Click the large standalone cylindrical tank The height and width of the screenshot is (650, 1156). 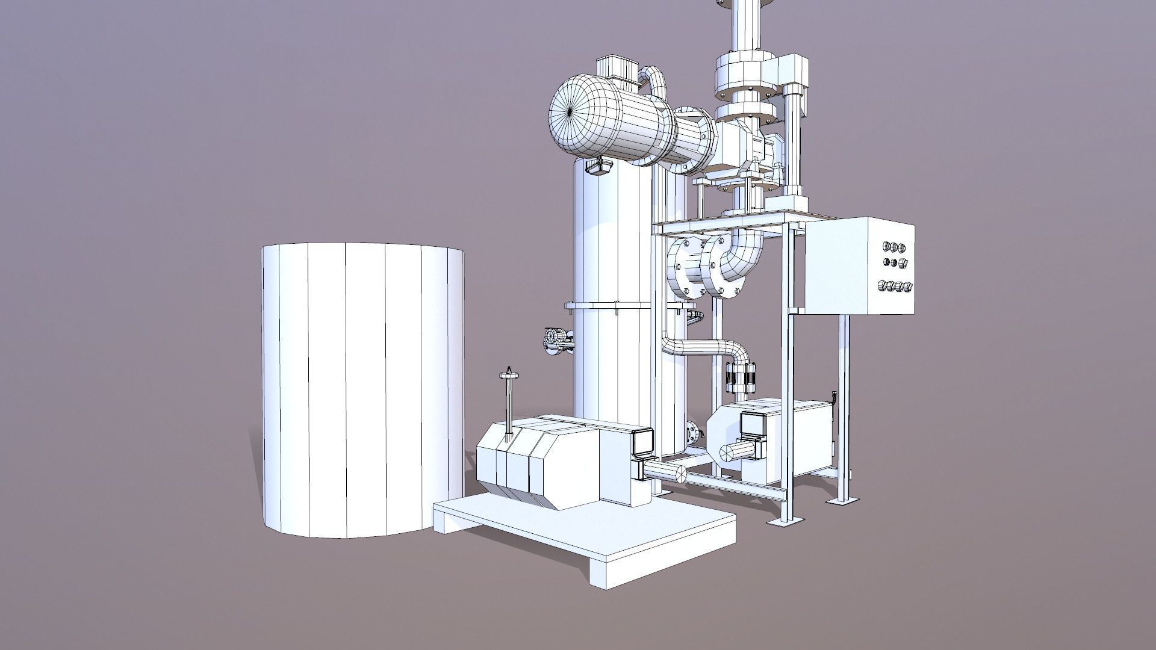pyautogui.click(x=361, y=391)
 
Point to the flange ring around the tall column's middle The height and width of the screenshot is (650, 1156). pyautogui.click(x=608, y=306)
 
